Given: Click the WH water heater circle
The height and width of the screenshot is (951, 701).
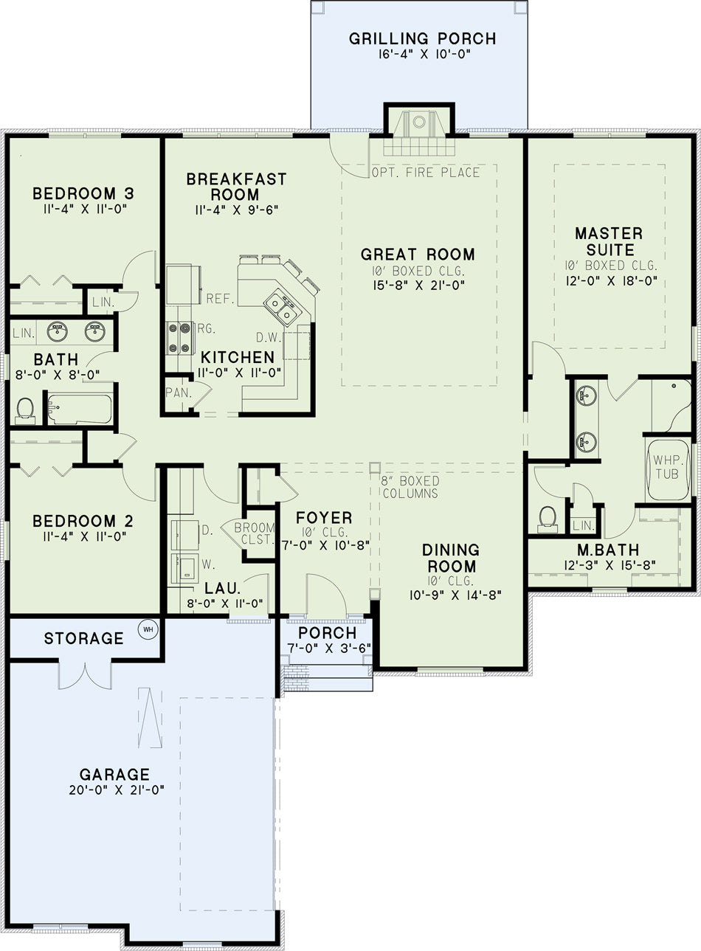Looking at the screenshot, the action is pyautogui.click(x=148, y=629).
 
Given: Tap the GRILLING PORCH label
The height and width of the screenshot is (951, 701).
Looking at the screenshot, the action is pyautogui.click(x=423, y=38).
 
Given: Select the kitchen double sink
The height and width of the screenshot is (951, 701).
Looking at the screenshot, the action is pyautogui.click(x=280, y=308).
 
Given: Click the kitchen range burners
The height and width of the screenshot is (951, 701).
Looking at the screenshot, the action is pyautogui.click(x=179, y=338).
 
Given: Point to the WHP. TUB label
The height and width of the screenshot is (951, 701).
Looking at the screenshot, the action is pyautogui.click(x=667, y=467).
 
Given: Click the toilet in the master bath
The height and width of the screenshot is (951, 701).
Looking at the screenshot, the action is pyautogui.click(x=548, y=519).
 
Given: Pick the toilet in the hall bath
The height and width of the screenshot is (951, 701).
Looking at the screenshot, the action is pyautogui.click(x=25, y=410).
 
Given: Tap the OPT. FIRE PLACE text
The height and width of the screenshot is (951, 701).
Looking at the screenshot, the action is pyautogui.click(x=426, y=173).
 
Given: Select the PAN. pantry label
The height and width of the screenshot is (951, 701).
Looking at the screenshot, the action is pyautogui.click(x=179, y=392).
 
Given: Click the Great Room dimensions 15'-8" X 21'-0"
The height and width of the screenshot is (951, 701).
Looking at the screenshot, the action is pyautogui.click(x=418, y=286).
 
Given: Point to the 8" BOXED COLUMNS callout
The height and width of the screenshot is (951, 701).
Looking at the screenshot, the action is pyautogui.click(x=410, y=487).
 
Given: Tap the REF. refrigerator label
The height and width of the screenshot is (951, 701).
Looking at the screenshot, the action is pyautogui.click(x=221, y=299).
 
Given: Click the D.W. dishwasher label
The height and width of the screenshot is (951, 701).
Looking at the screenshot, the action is pyautogui.click(x=269, y=337).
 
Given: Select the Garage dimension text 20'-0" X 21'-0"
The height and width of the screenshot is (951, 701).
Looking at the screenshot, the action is pyautogui.click(x=117, y=789).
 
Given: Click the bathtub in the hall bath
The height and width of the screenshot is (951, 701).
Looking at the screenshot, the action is pyautogui.click(x=80, y=409).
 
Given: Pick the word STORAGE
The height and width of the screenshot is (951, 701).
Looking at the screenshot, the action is pyautogui.click(x=83, y=638).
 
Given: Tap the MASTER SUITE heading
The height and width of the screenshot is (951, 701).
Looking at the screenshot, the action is pyautogui.click(x=610, y=241).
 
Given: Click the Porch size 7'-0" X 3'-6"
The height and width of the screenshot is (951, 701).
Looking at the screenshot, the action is pyautogui.click(x=328, y=648).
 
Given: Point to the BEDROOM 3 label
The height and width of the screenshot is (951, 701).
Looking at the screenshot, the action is pyautogui.click(x=83, y=193).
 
